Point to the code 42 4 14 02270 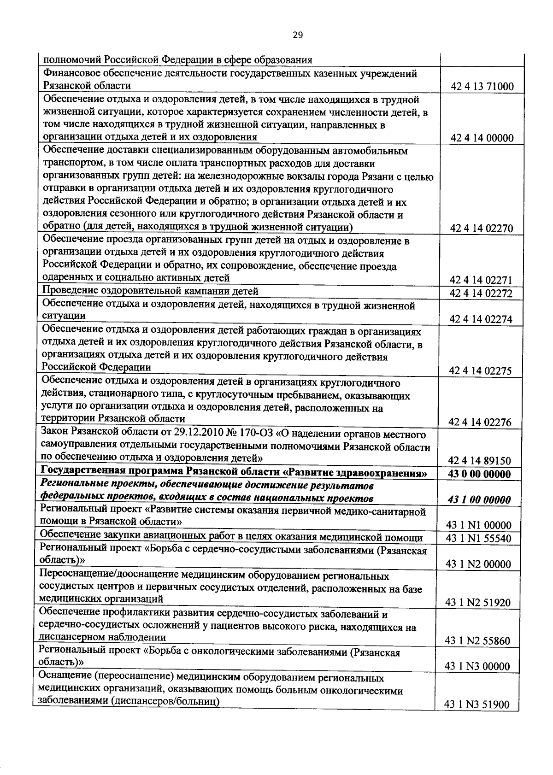(x=482, y=228)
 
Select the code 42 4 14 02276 (x=481, y=422)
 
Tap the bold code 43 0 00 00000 (x=480, y=474)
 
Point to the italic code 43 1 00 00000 (x=480, y=499)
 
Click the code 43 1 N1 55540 (x=479, y=538)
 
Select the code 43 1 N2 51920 (x=478, y=603)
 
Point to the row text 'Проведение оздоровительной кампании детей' (x=151, y=291)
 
